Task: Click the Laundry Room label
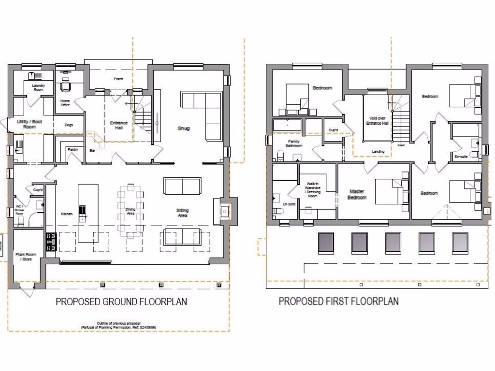pos(38,87)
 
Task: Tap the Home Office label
pos(65,103)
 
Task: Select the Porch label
pos(118,79)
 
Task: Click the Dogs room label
pos(69,125)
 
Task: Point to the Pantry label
pos(73,150)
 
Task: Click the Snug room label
pos(183,128)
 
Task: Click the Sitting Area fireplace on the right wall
pos(225,211)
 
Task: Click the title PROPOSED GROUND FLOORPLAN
pos(121,302)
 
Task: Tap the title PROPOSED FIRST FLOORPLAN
pos(338,301)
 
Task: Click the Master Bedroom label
pos(357,195)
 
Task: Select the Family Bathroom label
pos(293,143)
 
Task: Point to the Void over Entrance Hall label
pos(379,121)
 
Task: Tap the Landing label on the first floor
pos(378,152)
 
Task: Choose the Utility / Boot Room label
pos(29,124)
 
